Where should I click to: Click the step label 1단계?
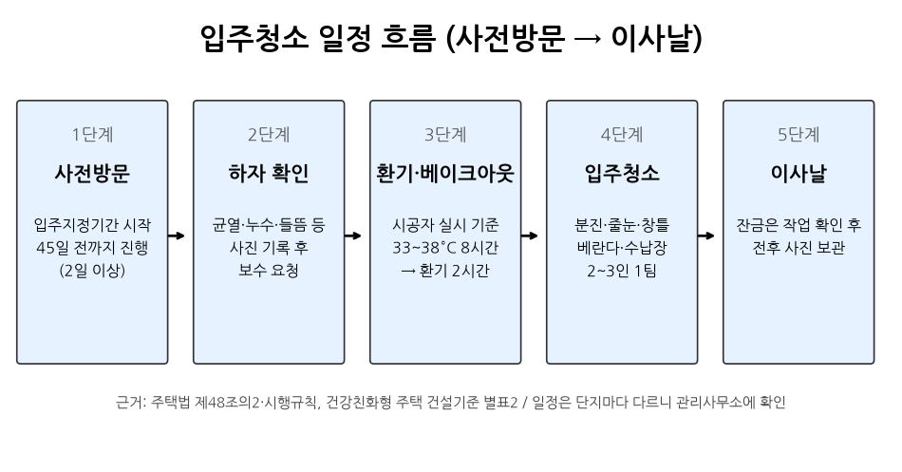point(92,135)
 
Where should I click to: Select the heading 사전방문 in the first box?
point(92,173)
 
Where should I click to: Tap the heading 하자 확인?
point(269,173)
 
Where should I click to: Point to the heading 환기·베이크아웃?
point(445,173)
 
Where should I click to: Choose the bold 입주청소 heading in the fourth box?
point(622,173)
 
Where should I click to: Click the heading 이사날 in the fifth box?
point(799,173)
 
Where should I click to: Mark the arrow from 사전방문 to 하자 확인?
point(176,236)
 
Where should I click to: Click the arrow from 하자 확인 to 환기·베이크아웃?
point(352,236)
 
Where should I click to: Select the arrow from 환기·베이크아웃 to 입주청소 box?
point(529,236)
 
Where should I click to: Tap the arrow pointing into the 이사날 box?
point(705,236)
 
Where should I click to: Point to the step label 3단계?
point(445,135)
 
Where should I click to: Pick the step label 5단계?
point(799,135)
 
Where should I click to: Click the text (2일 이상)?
point(92,271)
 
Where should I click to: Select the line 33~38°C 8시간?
point(445,248)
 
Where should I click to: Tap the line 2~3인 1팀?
point(622,271)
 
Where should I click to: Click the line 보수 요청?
point(269,271)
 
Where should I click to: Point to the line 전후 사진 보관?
point(799,248)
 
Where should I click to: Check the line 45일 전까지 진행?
point(92,248)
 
